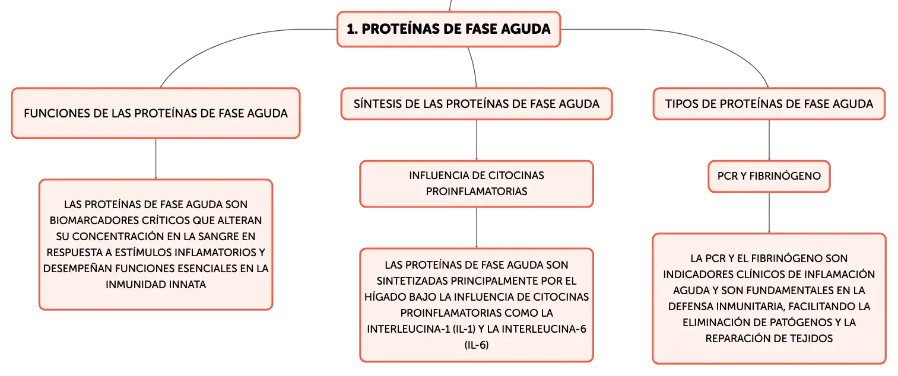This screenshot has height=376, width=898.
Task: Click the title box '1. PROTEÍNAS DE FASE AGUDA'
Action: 449,29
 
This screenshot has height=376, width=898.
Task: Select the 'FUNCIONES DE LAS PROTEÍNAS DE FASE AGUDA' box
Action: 156,113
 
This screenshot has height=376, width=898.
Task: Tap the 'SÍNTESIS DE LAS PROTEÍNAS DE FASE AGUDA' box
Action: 477,104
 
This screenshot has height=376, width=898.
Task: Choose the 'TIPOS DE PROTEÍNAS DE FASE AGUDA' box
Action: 769,104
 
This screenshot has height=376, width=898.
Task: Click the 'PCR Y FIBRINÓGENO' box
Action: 769,176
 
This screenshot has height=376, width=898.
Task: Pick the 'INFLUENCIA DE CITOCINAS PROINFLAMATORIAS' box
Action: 477,184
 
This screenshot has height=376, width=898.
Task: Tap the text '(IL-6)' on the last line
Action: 477,345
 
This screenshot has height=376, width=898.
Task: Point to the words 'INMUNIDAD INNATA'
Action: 156,285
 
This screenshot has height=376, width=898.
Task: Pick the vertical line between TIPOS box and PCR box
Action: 769,140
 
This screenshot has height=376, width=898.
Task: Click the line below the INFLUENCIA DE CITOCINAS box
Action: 477,228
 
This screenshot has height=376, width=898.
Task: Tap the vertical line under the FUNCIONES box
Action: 156,159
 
